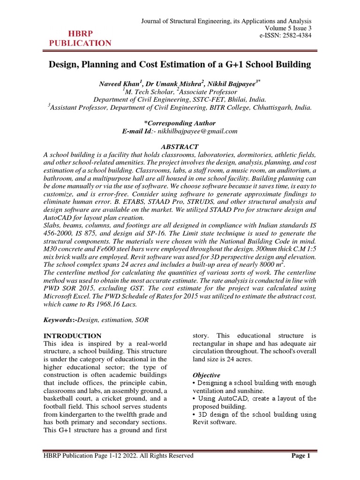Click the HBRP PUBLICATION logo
80,38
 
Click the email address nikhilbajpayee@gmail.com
197,131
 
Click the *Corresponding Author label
180,123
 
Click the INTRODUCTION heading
72,336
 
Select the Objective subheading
207,375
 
